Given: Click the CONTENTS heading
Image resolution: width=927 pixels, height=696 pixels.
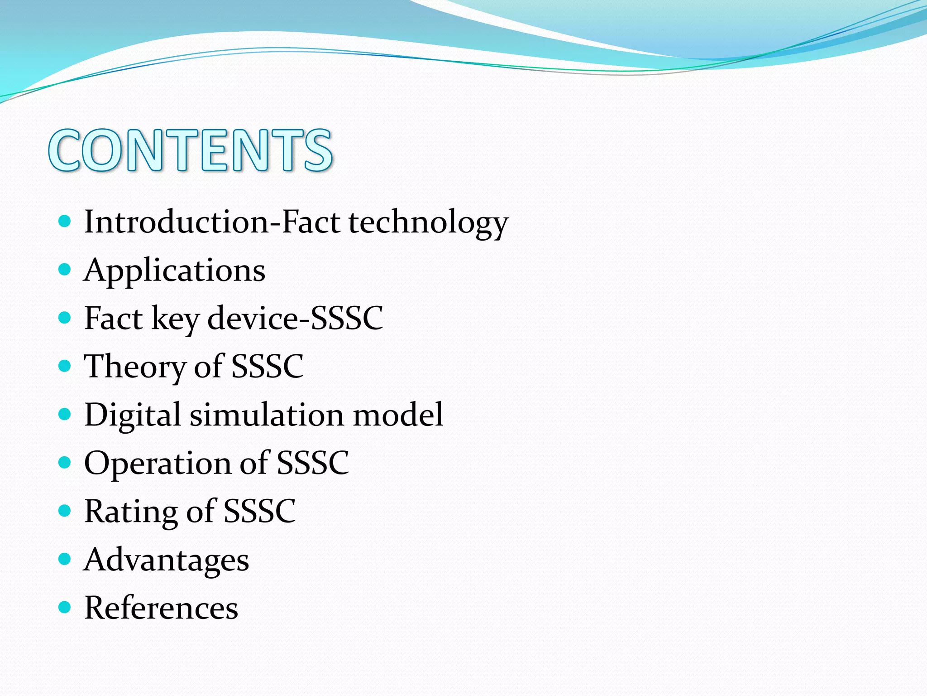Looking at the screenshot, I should tap(191, 150).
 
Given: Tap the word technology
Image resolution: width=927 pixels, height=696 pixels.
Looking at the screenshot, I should tap(428, 223).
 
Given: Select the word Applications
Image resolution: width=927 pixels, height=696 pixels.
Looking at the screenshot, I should tap(174, 271).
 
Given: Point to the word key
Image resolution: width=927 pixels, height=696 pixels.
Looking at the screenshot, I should tap(175, 319).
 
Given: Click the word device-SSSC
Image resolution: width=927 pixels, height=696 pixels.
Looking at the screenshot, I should tap(295, 318).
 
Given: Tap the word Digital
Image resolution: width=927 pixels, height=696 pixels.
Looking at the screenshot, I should tap(133, 416).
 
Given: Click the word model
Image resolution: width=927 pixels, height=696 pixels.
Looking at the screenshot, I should tap(398, 415).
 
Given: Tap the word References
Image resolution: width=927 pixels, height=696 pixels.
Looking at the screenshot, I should tap(161, 608).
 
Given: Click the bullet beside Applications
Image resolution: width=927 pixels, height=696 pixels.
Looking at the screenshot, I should tap(65, 270).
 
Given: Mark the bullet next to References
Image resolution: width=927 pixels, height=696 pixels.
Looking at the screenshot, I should tap(65, 607).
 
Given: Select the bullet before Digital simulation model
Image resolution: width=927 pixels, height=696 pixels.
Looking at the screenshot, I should tap(65, 414).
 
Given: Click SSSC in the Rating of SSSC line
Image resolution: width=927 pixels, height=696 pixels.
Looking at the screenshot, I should tap(260, 511).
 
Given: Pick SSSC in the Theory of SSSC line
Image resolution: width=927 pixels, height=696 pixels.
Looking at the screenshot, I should tap(267, 366).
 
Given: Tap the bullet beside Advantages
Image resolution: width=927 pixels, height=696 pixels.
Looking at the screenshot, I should tap(65, 559).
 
